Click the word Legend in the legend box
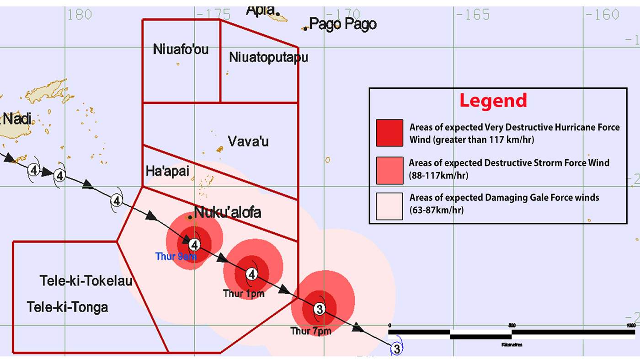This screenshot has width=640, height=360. coord(493,101)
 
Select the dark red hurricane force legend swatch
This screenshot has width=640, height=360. coord(389,133)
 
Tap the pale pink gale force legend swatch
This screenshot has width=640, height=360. coord(389,206)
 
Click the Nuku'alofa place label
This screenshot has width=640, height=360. coord(228,212)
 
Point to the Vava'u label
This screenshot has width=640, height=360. coord(248,141)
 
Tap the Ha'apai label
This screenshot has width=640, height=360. coord(167,171)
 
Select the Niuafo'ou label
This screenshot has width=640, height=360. coord(181,49)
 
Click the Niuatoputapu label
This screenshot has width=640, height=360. coord(268,58)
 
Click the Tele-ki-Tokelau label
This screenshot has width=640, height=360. coord(86,280)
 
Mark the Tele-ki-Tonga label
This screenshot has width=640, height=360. coord(68,306)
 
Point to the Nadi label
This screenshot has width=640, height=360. coord(17,119)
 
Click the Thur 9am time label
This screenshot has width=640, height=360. coord(176,257)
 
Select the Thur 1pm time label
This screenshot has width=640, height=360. coord(243,293)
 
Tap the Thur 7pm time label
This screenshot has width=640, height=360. coord(310,331)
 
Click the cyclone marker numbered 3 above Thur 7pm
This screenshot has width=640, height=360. coord(320,309)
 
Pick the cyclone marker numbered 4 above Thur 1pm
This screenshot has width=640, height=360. coord(251,274)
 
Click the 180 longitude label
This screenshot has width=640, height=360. coord(80,15)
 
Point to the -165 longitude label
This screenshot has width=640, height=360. coord(472,15)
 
